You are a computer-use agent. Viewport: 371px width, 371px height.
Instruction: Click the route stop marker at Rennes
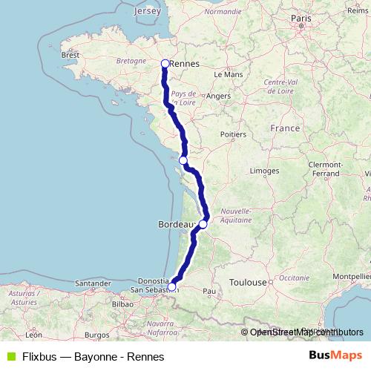click(x=165, y=64)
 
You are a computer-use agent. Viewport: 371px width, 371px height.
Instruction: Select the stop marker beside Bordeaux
click(x=203, y=223)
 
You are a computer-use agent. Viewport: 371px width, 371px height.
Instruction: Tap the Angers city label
click(x=219, y=96)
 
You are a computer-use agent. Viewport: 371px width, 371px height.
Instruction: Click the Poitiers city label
click(x=233, y=134)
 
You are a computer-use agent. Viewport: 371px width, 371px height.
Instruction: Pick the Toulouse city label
click(x=248, y=283)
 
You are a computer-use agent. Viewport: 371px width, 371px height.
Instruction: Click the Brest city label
click(x=70, y=55)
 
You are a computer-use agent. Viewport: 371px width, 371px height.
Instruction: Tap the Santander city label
click(x=92, y=283)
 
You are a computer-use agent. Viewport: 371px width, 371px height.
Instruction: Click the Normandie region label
click(x=223, y=12)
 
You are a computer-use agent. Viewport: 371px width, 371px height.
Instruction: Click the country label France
click(x=285, y=128)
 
